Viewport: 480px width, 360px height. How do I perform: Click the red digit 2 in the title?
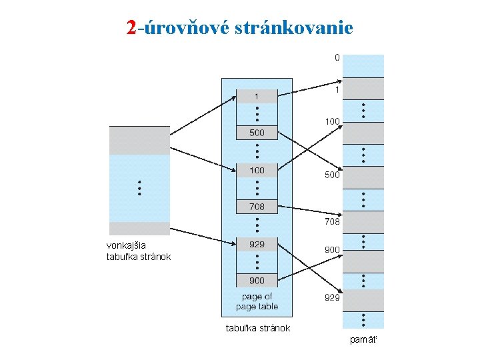(x=131, y=27)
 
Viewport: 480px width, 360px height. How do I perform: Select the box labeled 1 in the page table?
(x=257, y=97)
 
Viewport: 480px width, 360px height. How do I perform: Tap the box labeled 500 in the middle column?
(x=257, y=133)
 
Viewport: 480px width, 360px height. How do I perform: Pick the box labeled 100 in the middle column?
(x=257, y=171)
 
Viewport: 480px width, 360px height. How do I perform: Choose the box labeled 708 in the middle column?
(x=257, y=207)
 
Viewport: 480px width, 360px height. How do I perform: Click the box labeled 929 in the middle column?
(x=257, y=245)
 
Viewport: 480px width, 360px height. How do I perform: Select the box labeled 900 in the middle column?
(x=257, y=281)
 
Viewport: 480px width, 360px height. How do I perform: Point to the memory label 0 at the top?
(x=337, y=58)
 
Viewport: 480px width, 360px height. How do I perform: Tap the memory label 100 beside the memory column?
(x=333, y=121)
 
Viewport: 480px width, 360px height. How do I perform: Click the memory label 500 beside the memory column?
(x=333, y=175)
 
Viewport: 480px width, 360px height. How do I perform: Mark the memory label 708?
(x=333, y=221)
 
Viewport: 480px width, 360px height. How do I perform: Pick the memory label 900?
(x=333, y=249)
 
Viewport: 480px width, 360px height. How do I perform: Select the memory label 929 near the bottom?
(x=333, y=297)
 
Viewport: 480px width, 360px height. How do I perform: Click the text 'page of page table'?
(x=257, y=301)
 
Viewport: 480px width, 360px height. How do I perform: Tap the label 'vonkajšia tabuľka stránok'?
(x=139, y=251)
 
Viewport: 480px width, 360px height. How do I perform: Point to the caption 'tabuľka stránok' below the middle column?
(x=258, y=327)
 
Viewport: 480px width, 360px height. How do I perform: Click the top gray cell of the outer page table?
(x=139, y=140)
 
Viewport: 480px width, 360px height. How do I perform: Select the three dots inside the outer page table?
(x=139, y=188)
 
